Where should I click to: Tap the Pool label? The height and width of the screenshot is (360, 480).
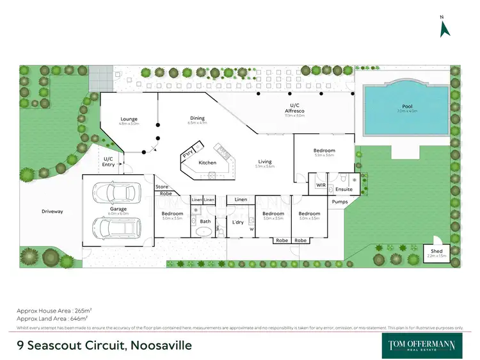click(407, 106)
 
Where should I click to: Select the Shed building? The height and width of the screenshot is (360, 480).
click(437, 252)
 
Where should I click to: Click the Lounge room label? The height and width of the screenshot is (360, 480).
click(130, 119)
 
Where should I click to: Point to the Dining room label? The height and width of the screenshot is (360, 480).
click(197, 117)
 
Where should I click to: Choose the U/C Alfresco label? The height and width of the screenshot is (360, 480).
click(294, 108)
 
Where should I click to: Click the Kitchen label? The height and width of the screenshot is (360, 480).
click(207, 163)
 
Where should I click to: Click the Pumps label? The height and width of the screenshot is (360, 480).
click(339, 202)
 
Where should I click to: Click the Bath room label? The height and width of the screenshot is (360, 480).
click(205, 222)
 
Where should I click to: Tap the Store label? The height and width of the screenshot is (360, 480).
click(162, 186)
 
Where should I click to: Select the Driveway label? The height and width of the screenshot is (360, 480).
click(52, 211)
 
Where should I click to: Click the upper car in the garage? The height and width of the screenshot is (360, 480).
click(116, 193)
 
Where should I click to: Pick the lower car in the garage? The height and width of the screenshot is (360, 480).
click(116, 227)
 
